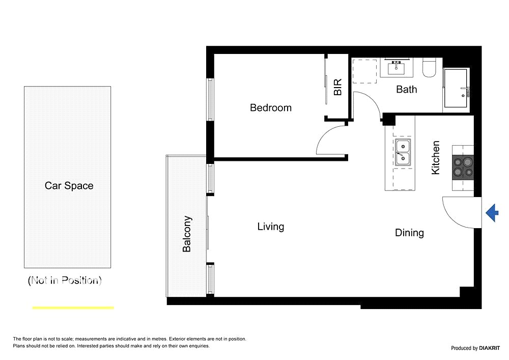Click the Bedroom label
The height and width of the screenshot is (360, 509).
tap(271, 108)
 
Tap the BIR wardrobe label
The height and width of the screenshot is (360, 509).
tap(337, 87)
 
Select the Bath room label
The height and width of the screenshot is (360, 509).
tap(406, 89)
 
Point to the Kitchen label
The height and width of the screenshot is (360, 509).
tap(435, 157)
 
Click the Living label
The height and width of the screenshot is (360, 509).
tap(271, 227)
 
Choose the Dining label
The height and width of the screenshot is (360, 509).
tap(409, 233)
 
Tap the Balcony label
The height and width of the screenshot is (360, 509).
tap(187, 234)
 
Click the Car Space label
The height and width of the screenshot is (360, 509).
tap(69, 186)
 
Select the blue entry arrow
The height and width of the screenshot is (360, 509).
tap(492, 213)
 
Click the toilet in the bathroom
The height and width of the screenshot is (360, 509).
tap(429, 68)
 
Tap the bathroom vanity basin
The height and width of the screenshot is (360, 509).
tap(396, 68)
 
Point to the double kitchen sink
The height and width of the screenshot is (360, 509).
tap(403, 152)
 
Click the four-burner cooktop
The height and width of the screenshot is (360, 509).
tap(463, 167)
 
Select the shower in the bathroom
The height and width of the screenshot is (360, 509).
tap(456, 88)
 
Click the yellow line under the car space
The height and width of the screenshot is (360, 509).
tap(73, 308)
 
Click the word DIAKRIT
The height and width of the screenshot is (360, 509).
tap(490, 348)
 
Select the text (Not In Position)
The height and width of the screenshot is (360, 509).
tap(65, 280)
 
